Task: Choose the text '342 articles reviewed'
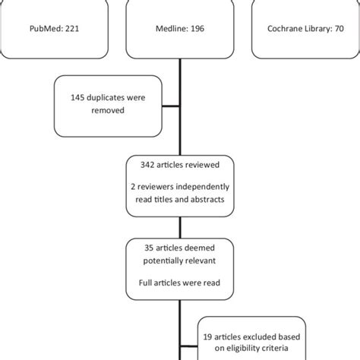pyautogui.click(x=179, y=163)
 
